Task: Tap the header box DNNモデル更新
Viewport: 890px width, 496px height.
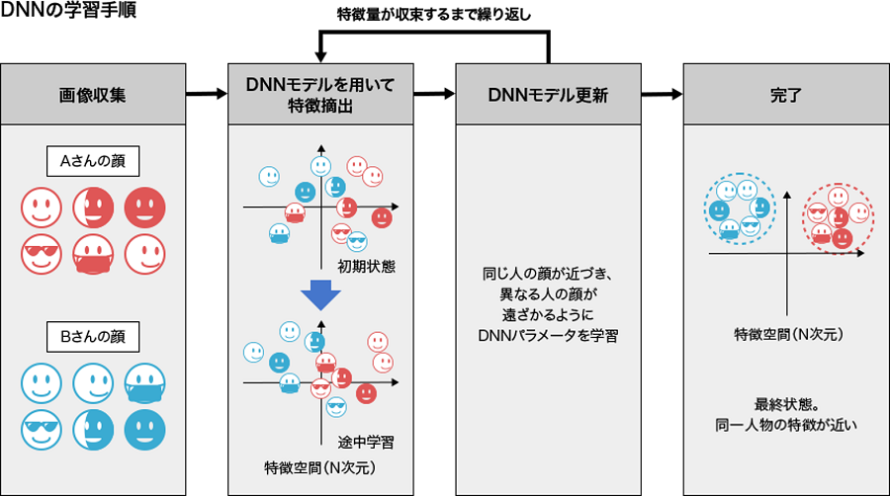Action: point(548,95)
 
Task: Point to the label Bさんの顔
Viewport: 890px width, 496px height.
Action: point(93,337)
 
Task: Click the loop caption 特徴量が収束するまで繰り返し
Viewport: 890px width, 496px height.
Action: point(433,13)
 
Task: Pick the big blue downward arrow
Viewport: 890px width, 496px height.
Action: point(320,293)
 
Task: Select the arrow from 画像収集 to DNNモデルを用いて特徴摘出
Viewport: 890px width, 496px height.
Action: point(206,95)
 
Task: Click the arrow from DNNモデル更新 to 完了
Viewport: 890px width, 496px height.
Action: point(662,95)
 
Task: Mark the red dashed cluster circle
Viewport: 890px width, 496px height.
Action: point(837,214)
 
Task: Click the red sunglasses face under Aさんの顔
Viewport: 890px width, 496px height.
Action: point(42,255)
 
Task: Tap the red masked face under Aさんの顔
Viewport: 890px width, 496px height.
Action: point(94,255)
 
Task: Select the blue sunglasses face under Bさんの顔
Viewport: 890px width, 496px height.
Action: point(42,429)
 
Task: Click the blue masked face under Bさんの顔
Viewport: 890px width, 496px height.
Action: point(145,383)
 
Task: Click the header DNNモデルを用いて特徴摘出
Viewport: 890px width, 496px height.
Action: point(319,95)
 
